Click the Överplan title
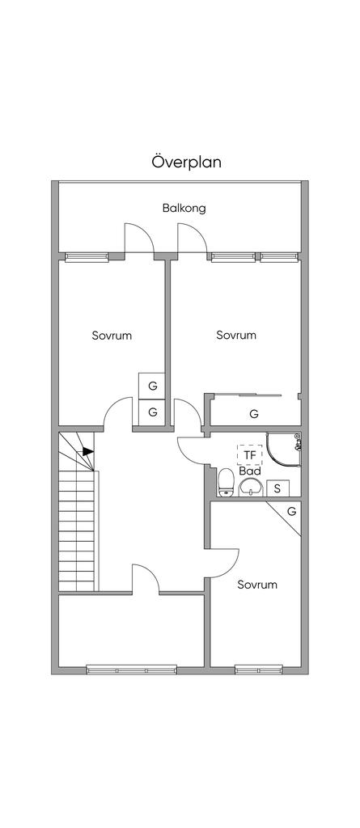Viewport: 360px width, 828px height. (x=187, y=162)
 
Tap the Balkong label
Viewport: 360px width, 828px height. (x=184, y=208)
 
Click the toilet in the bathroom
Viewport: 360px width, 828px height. (x=227, y=482)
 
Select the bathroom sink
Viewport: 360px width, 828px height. (x=250, y=488)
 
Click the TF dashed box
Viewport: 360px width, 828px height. (x=249, y=454)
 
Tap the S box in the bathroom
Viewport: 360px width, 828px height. (x=277, y=488)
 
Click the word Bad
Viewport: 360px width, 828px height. (x=249, y=471)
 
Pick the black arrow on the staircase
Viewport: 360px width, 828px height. (x=87, y=452)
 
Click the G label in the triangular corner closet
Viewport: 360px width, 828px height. (x=291, y=511)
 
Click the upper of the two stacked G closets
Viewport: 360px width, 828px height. (x=152, y=386)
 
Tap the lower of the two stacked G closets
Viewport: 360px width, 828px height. (x=152, y=412)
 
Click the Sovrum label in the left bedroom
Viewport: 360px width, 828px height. (x=112, y=336)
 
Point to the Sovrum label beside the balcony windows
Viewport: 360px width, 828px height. (x=236, y=336)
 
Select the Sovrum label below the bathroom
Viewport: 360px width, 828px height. (x=257, y=585)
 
